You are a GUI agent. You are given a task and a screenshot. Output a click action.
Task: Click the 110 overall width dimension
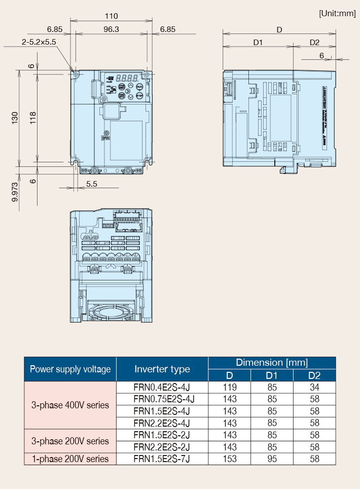coord(111,16)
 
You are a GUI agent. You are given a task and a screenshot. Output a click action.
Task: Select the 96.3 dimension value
coord(111,29)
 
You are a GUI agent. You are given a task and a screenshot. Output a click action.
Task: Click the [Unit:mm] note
coord(337,13)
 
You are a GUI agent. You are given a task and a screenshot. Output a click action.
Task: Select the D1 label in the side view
coord(258,42)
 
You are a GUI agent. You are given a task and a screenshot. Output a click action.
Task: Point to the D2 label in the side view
coord(314,42)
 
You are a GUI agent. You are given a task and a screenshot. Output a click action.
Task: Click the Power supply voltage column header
coord(70,369)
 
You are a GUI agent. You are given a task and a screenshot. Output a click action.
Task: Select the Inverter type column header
coord(162,369)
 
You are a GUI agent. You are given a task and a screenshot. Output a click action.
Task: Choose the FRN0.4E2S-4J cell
coord(162,387)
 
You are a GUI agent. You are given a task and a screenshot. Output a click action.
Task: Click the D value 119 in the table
coord(230,387)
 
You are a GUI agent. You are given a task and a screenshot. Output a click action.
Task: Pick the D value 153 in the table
coord(230,459)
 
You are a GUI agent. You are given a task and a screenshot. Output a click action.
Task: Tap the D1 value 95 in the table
coord(272,459)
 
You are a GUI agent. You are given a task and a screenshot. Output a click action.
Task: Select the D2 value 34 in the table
coord(314,387)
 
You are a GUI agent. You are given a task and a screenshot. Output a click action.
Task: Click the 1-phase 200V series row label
coord(70,459)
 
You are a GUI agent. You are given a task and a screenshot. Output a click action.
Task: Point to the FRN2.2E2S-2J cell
coord(162,447)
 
